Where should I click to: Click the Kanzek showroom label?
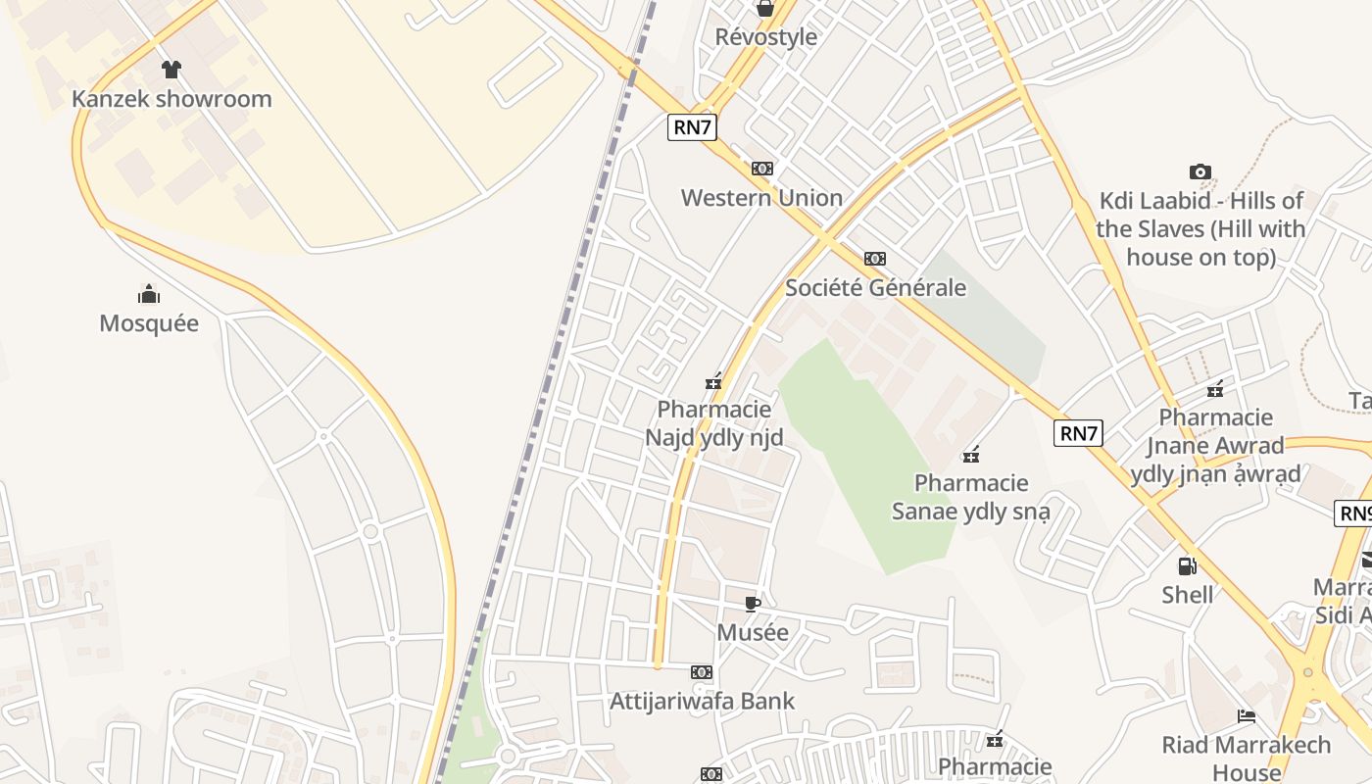[x=171, y=99]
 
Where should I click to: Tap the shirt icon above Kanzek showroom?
[x=171, y=69]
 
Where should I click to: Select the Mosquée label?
[x=149, y=323]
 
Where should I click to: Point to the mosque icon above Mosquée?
[x=149, y=293]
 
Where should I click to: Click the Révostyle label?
[x=765, y=37]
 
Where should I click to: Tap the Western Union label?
[x=761, y=198]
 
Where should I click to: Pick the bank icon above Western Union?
[x=761, y=169]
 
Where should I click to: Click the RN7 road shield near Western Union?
[x=692, y=126]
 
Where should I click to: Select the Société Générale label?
[x=875, y=288]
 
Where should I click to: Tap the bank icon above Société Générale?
[x=875, y=259]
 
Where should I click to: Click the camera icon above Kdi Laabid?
[x=1200, y=172]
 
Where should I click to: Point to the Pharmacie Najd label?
[x=714, y=423]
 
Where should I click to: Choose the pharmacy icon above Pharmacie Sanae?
[x=971, y=455]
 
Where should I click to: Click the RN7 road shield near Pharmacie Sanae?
[x=1078, y=433]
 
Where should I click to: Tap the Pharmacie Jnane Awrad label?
[x=1215, y=446]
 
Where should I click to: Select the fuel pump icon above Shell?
[x=1187, y=565]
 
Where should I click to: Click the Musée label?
[x=753, y=633]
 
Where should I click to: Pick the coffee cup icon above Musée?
[x=753, y=604]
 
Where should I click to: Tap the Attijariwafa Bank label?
[x=702, y=702]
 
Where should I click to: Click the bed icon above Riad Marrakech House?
[x=1247, y=716]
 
